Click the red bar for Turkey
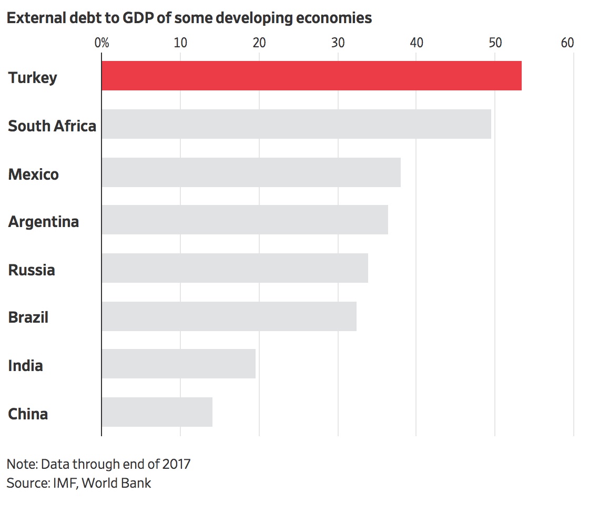[311, 76]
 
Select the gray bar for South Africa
[296, 124]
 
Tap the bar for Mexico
[251, 172]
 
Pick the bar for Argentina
[245, 220]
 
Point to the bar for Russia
[235, 268]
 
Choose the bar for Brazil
[229, 316]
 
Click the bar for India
[178, 364]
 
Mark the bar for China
[157, 412]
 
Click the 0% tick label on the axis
[101, 43]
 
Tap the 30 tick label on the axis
[338, 43]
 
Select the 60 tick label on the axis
[567, 43]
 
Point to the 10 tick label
[180, 43]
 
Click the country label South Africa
[52, 126]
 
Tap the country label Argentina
[44, 222]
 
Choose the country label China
[28, 414]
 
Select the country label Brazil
[28, 317]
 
